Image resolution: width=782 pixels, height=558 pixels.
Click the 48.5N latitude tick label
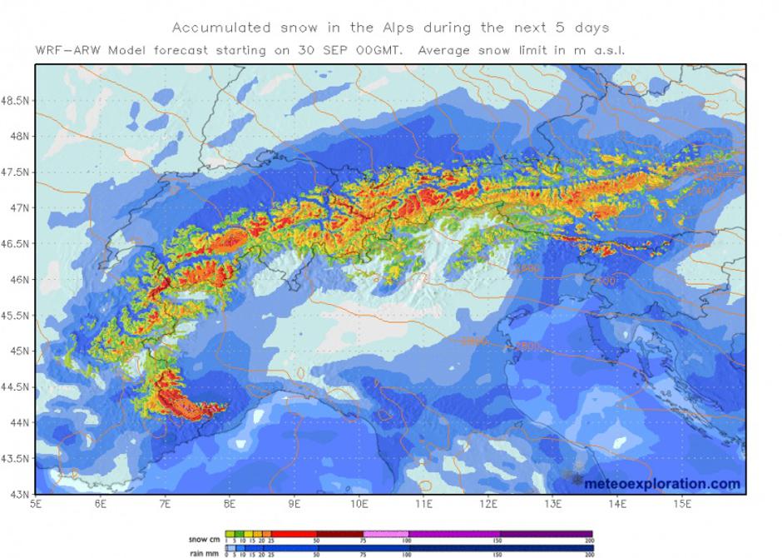[x=15, y=101]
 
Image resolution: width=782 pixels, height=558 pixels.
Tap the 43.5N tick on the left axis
[x=15, y=458]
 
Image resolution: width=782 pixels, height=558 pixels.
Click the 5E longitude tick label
[x=36, y=503]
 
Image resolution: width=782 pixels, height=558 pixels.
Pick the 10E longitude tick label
[x=359, y=503]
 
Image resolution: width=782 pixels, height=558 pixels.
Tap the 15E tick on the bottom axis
[x=683, y=503]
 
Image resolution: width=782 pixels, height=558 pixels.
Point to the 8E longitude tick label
[x=230, y=503]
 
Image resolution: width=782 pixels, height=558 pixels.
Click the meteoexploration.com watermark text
[x=662, y=483]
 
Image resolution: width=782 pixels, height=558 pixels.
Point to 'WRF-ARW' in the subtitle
[x=67, y=50]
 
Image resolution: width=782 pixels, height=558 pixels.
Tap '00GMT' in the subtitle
[x=385, y=50]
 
